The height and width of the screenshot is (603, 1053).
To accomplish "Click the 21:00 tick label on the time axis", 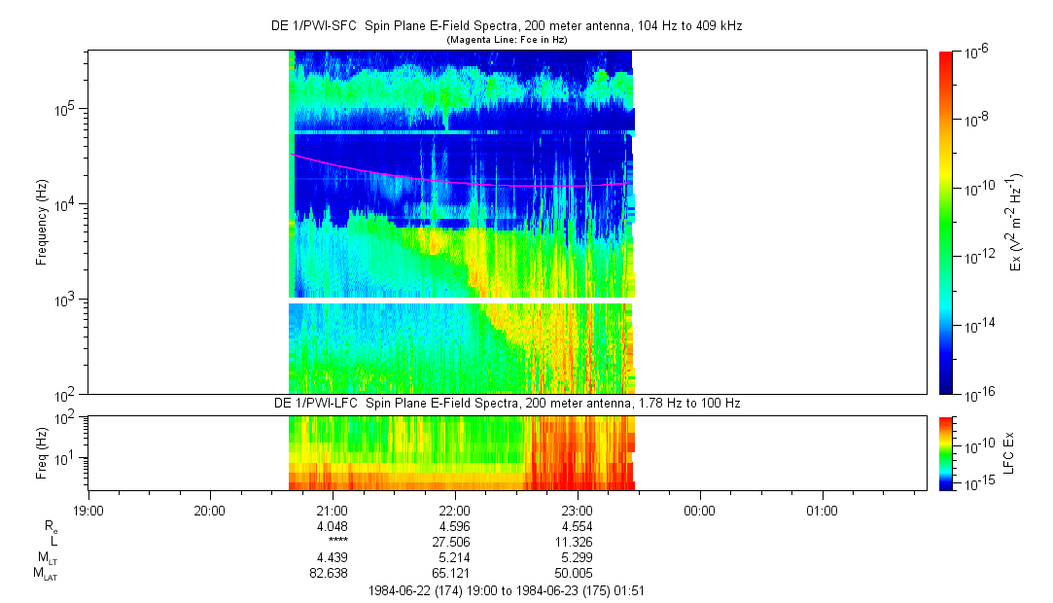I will point(332,511).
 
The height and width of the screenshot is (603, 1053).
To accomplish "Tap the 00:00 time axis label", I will point(699,511).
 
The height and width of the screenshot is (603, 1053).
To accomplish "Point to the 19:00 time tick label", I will point(88,511).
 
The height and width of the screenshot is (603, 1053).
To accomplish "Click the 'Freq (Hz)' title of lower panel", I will point(42,452).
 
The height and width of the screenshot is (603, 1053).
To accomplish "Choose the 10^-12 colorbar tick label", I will point(976,256).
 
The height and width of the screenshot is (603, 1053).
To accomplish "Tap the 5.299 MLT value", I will point(577,557).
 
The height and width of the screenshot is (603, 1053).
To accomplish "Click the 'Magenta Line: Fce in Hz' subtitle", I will point(507,40).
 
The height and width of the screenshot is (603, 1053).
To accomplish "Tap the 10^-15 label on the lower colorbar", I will point(975,483).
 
